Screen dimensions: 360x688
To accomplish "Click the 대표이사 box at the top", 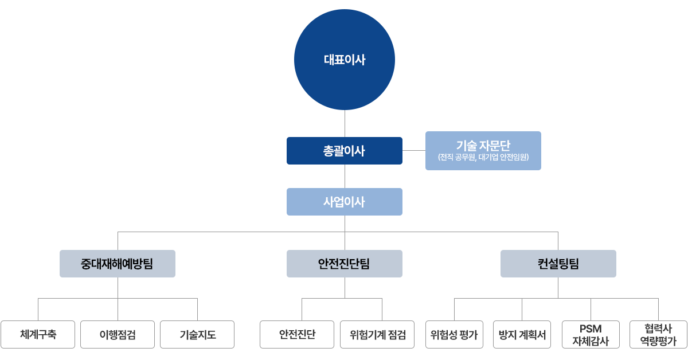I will point(344,60).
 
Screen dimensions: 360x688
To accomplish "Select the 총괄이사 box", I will point(344,151).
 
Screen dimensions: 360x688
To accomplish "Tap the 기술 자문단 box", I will point(483,151).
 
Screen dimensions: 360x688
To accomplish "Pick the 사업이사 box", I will point(344,202).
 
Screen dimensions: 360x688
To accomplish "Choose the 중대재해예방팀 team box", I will point(117,264).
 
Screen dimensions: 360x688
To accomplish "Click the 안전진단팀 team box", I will point(344,264).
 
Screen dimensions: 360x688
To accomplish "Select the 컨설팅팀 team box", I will point(558,264).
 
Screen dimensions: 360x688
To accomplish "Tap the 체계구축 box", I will point(38,334).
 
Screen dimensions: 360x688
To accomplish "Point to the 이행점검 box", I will point(118,334).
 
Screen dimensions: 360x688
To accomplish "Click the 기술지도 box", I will point(197,334).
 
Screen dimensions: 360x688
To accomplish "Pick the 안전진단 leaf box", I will point(297,334).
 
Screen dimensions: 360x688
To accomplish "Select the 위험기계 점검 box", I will point(377,334).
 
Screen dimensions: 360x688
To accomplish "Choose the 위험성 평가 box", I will point(454,334).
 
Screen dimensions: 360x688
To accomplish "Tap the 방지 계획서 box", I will point(522,334).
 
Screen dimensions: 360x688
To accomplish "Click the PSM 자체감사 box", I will point(591,334).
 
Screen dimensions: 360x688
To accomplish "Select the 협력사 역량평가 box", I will point(658,334).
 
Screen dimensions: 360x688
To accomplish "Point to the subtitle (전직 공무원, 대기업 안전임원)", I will point(483,157).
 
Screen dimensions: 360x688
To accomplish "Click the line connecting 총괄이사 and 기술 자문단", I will point(413,151).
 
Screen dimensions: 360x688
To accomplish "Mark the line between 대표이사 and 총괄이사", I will point(344,123).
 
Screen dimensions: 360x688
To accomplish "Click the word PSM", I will point(591,328).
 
